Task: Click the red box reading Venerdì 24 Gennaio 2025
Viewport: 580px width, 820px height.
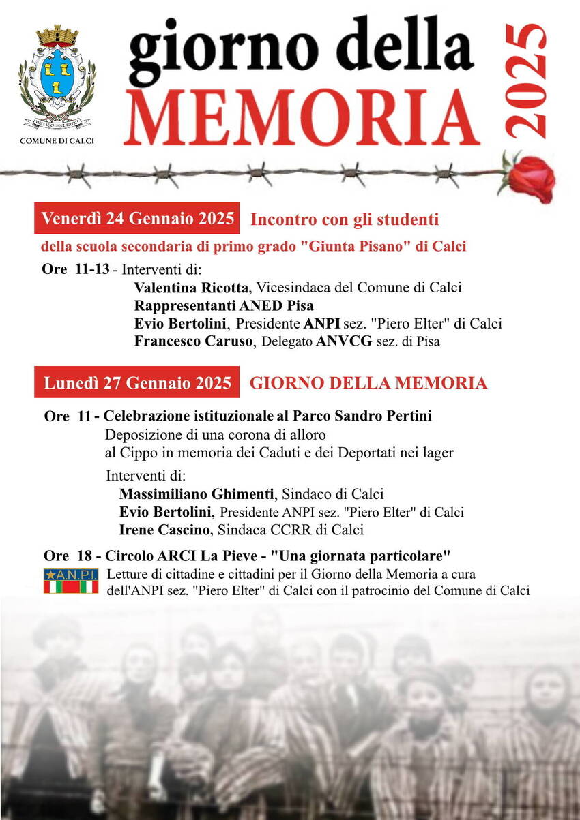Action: (x=138, y=219)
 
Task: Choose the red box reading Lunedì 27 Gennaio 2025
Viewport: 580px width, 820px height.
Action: (x=137, y=382)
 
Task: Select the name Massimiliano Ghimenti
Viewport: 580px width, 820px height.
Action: (x=197, y=493)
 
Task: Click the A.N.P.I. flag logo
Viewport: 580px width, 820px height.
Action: (x=71, y=581)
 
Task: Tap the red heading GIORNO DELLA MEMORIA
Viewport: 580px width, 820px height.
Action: (x=368, y=383)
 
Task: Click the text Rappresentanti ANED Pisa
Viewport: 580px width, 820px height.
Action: (x=224, y=305)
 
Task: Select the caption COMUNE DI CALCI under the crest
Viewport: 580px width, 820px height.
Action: (x=57, y=140)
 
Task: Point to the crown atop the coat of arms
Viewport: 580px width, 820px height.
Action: (x=57, y=34)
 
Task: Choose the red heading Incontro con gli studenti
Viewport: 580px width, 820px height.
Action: (x=345, y=219)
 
